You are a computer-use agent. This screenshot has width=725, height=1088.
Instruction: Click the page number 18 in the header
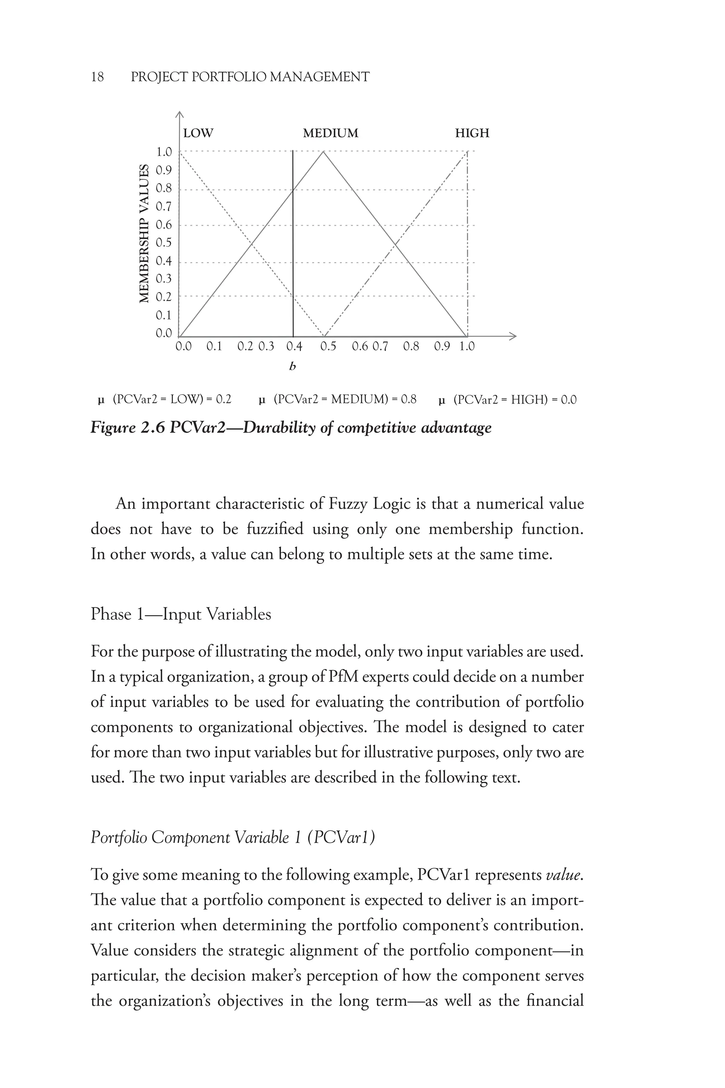(x=98, y=77)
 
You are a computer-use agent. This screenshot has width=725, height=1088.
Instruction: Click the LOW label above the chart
(x=198, y=133)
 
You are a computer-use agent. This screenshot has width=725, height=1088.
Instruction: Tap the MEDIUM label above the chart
(x=330, y=133)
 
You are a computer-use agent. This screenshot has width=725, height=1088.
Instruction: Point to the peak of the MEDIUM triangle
(x=323, y=152)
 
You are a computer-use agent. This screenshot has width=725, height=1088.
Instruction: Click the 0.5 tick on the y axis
(x=164, y=242)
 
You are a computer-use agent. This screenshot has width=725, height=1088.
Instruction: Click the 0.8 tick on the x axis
(x=411, y=346)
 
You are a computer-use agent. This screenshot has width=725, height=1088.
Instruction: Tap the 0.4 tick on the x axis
(x=294, y=346)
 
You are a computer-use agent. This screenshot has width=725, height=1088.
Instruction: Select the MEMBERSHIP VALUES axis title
(x=145, y=234)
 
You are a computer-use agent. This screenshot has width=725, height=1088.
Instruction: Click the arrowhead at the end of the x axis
(x=513, y=336)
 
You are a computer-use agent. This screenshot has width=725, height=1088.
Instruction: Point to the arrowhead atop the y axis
(x=180, y=115)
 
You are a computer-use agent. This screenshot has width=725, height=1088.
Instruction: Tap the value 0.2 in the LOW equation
(x=223, y=399)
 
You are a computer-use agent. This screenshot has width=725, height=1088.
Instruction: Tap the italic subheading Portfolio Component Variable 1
(x=233, y=837)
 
